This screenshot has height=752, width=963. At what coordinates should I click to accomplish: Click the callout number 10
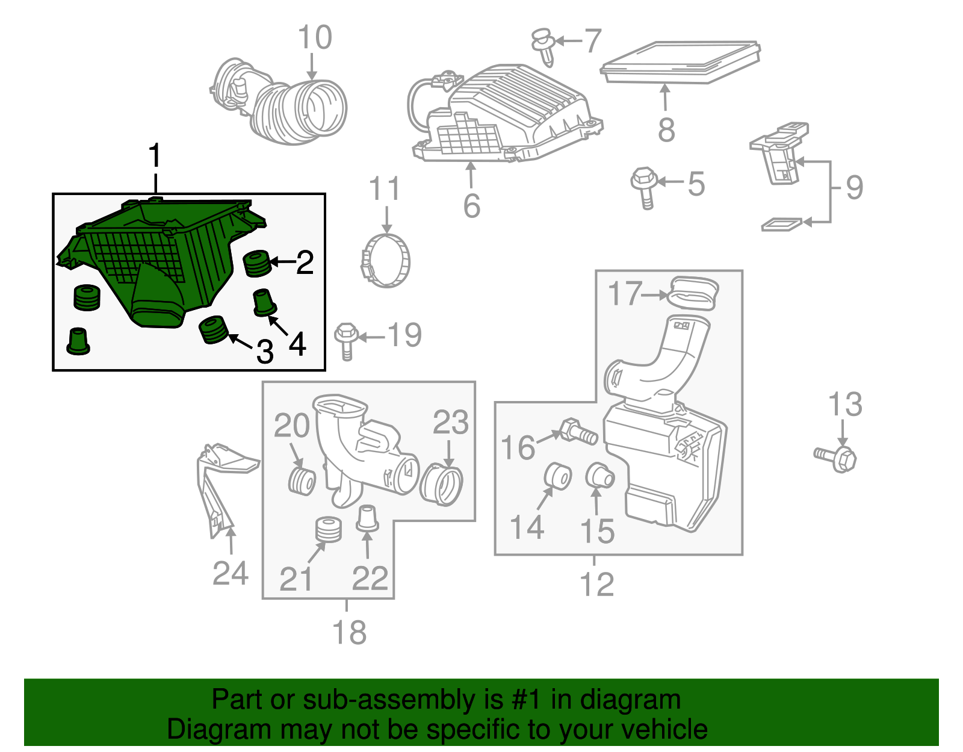pyautogui.click(x=315, y=37)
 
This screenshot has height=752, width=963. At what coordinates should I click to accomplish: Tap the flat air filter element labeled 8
pyautogui.click(x=680, y=62)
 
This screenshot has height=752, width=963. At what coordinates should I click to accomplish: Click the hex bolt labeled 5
pyautogui.click(x=643, y=187)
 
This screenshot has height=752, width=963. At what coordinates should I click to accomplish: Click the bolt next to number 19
pyautogui.click(x=346, y=340)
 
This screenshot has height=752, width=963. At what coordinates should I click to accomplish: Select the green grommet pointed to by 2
pyautogui.click(x=257, y=263)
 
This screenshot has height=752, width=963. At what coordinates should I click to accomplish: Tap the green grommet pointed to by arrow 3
pyautogui.click(x=213, y=329)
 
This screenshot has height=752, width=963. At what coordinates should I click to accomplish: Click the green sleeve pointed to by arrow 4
pyautogui.click(x=264, y=303)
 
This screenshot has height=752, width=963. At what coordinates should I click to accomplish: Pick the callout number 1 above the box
pyautogui.click(x=155, y=156)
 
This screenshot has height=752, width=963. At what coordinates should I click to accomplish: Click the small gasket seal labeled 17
pyautogui.click(x=694, y=293)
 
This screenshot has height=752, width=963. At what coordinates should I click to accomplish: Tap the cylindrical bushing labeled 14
pyautogui.click(x=557, y=476)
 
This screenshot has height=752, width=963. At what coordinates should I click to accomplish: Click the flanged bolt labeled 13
pyautogui.click(x=837, y=458)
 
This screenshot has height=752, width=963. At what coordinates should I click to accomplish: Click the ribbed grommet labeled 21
pyautogui.click(x=329, y=530)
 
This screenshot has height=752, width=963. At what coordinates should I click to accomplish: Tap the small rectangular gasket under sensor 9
pyautogui.click(x=781, y=225)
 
